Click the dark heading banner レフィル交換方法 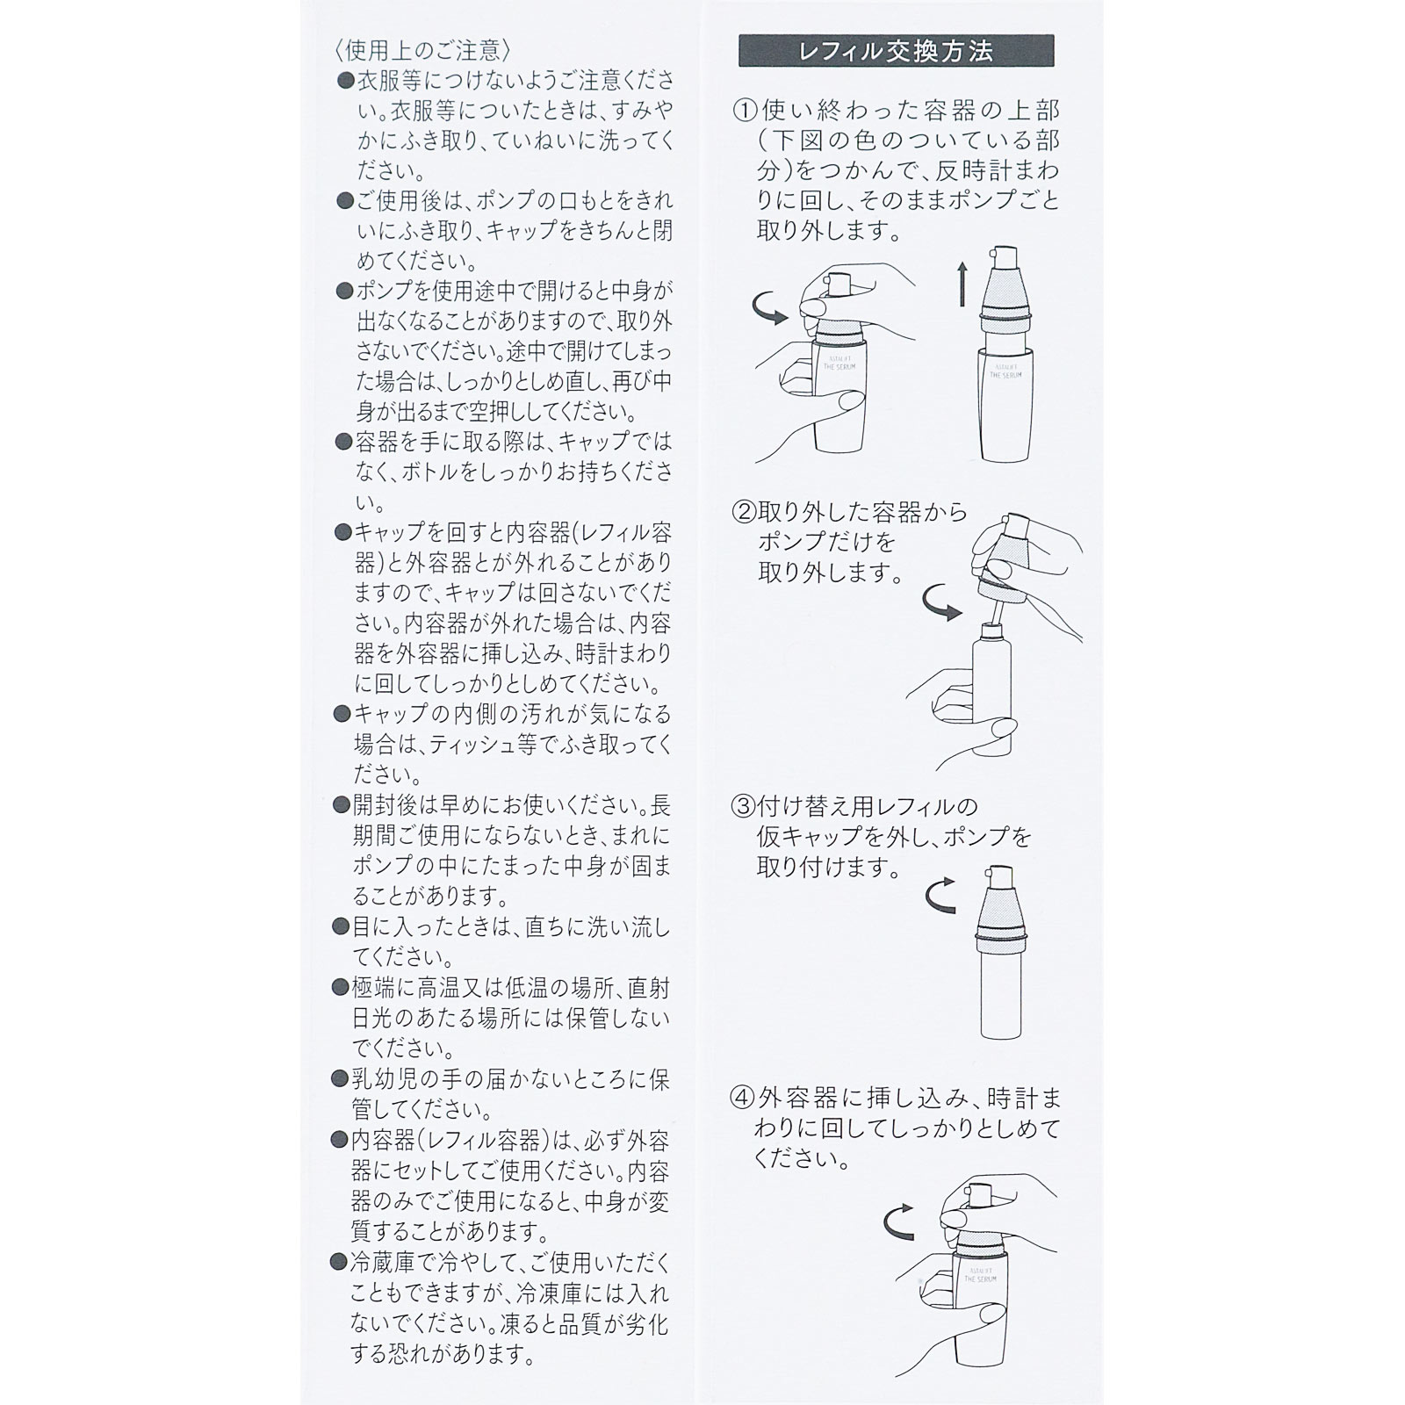[896, 52]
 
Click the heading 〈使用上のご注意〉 [417, 49]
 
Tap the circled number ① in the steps [745, 111]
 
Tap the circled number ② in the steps [745, 512]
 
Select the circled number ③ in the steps [745, 806]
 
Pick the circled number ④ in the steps [745, 1099]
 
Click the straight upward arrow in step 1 [962, 281]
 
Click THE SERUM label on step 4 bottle [981, 1275]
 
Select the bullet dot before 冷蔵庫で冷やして [339, 1263]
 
